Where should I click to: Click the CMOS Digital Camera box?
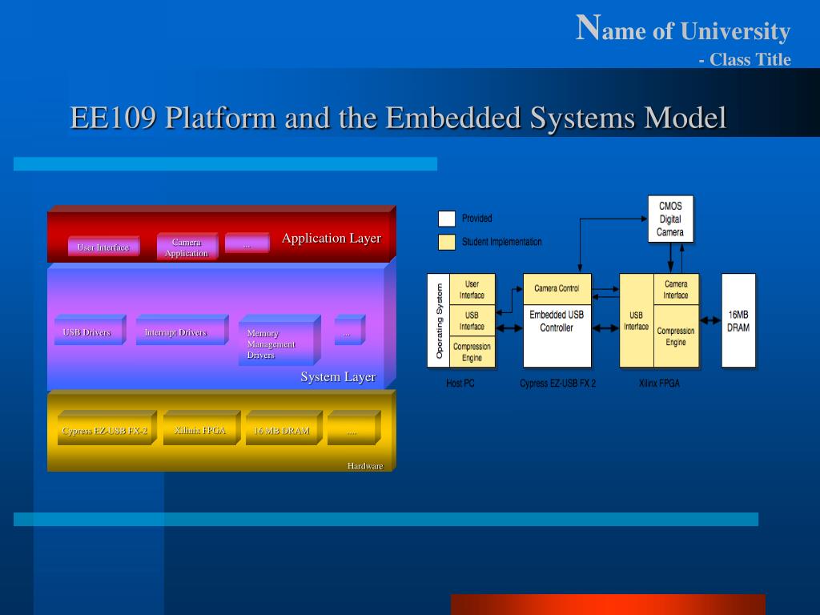(x=670, y=219)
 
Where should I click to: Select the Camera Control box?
(x=557, y=288)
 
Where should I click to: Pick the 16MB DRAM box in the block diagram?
(x=738, y=320)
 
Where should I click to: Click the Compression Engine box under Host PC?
(x=472, y=352)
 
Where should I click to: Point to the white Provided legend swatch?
(x=447, y=219)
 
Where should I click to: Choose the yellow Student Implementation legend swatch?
(x=447, y=242)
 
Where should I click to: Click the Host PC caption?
(x=460, y=384)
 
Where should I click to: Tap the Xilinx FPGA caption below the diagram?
(x=659, y=384)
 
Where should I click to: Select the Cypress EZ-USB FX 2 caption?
(x=557, y=384)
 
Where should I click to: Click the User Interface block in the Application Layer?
(x=102, y=247)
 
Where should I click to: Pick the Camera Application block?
(x=186, y=247)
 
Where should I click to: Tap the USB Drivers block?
(x=86, y=332)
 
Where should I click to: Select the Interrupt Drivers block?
(x=175, y=332)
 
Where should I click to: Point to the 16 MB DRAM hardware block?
(x=281, y=431)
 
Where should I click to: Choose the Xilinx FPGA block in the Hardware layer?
(x=199, y=431)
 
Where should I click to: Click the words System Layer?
(x=338, y=377)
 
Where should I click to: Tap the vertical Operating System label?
(x=439, y=320)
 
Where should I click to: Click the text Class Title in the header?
(x=750, y=59)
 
